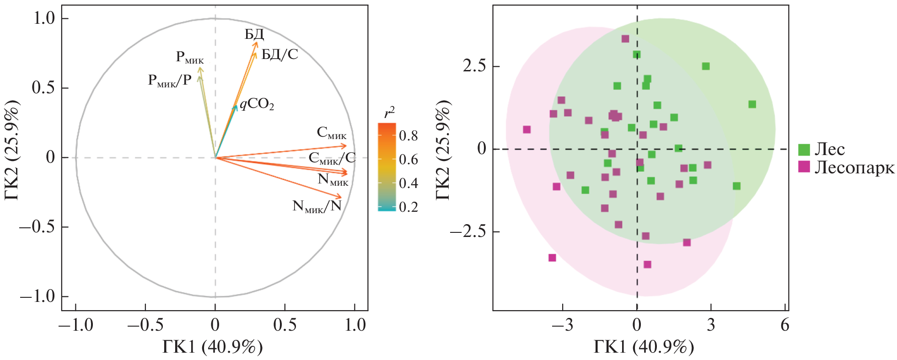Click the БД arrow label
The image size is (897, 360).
pos(254,34)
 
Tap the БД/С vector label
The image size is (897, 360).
pos(279,55)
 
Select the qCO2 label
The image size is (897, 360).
pos(257,105)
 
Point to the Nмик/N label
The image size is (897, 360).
pos(317,206)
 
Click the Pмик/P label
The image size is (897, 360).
pos(170,81)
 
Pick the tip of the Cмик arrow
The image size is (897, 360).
pos(347,146)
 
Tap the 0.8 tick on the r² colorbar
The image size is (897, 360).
pos(408,135)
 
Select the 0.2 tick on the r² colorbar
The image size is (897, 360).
pos(408,207)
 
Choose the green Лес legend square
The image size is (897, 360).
pos(804,150)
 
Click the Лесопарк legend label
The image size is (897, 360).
pos(854,167)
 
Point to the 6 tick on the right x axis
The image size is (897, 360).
pos(785,325)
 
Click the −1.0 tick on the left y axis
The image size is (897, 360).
pos(37,297)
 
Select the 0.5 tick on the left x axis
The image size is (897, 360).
pos(285,325)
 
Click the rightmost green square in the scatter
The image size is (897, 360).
pos(752,104)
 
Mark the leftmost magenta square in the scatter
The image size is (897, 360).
pos(526,129)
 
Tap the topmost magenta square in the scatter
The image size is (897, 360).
pos(625,39)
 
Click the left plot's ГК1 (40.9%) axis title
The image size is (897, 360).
pos(213,348)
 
